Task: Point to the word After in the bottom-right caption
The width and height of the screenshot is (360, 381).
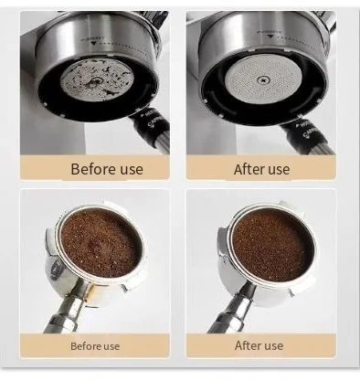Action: (x=248, y=345)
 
